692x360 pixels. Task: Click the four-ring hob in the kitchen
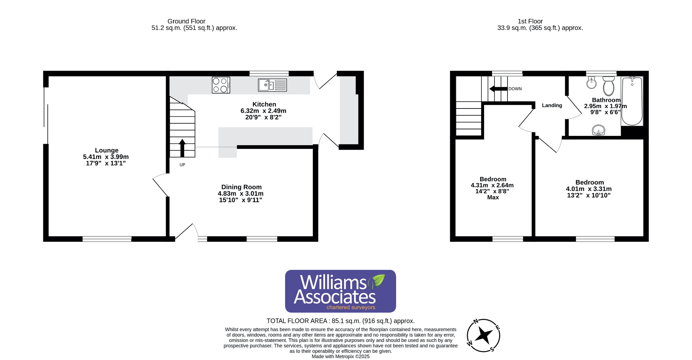(221, 85)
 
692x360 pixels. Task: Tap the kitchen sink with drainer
(272, 85)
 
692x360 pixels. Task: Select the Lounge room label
(107, 150)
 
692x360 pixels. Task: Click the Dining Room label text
(241, 187)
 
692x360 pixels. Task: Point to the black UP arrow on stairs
(182, 147)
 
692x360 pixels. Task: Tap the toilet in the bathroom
(608, 85)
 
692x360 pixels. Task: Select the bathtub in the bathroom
(632, 101)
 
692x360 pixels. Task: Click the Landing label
(552, 105)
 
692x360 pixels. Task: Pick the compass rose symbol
(483, 335)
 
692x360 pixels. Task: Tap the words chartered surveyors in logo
(351, 307)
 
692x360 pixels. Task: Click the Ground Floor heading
(186, 21)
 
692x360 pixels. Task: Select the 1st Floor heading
(530, 21)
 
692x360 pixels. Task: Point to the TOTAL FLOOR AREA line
(341, 321)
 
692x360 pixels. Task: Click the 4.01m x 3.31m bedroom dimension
(589, 189)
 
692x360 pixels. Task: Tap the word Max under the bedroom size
(493, 197)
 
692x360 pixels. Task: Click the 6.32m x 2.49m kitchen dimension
(263, 111)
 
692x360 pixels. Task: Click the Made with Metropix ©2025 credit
(341, 356)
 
